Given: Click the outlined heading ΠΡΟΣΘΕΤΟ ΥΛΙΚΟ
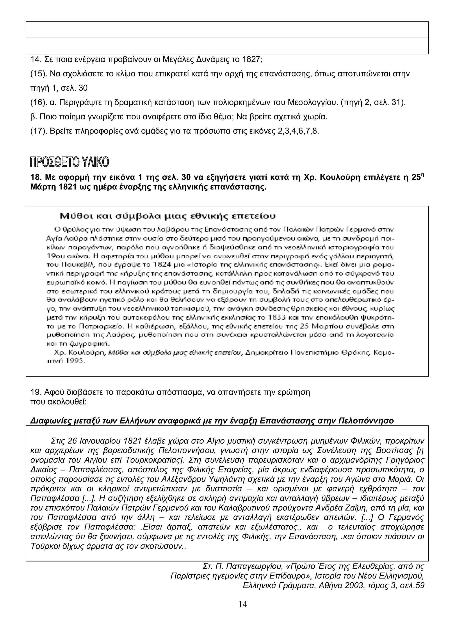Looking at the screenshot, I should (69, 162).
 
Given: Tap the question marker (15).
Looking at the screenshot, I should (39, 74).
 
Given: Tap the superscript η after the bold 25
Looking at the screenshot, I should (422, 175).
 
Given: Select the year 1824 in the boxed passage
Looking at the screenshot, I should (160, 265).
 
